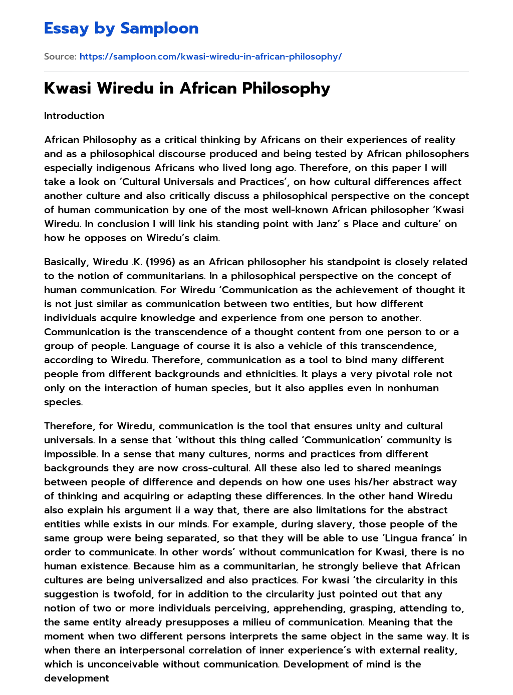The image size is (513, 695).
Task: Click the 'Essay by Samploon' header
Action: [121, 29]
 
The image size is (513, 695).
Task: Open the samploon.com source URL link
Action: [210, 57]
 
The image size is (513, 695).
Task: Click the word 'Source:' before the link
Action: [60, 57]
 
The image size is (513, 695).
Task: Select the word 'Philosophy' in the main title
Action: [286, 88]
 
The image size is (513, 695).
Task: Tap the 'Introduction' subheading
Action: [74, 116]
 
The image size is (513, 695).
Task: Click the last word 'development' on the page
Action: [76, 678]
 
